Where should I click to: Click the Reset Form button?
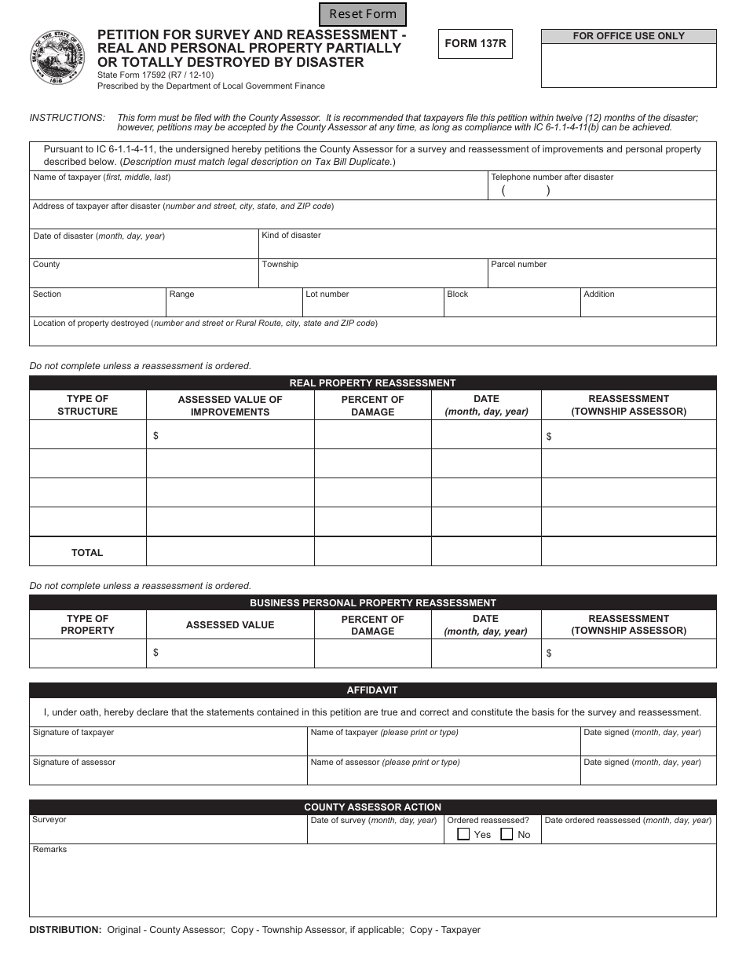(x=363, y=14)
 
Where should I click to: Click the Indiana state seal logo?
(x=57, y=57)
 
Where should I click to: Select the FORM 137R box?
(x=475, y=44)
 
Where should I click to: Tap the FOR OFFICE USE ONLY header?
(x=628, y=36)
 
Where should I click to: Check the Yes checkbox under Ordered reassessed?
(x=464, y=834)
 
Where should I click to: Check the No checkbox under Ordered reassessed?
(x=507, y=834)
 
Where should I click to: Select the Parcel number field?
(x=602, y=277)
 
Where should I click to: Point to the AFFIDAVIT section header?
(x=372, y=690)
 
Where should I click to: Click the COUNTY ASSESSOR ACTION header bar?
(x=372, y=807)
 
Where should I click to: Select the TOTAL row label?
(x=87, y=553)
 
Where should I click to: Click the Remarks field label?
(x=50, y=850)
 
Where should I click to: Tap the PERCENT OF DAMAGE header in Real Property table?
(x=372, y=405)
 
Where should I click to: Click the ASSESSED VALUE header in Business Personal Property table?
(x=230, y=625)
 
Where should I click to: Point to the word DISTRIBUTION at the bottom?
(x=65, y=930)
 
